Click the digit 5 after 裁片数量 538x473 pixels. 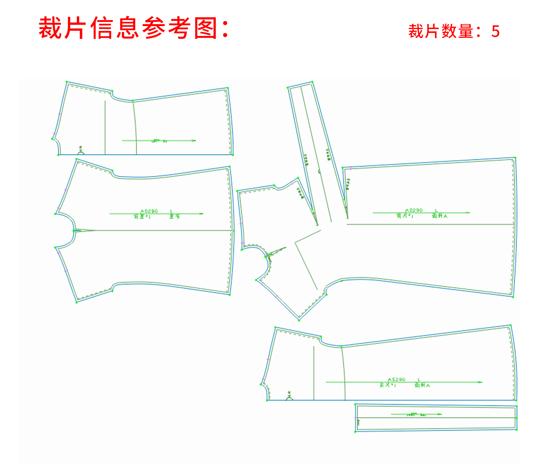pyautogui.click(x=495, y=32)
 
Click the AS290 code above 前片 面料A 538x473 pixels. pyautogui.click(x=414, y=210)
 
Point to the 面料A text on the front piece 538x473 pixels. pyautogui.click(x=439, y=216)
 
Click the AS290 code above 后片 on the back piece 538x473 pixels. pyautogui.click(x=396, y=380)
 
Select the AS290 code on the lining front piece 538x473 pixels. pyautogui.click(x=149, y=211)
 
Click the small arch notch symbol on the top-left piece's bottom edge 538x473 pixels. pyautogui.click(x=81, y=153)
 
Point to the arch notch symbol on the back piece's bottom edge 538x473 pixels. pyautogui.click(x=289, y=398)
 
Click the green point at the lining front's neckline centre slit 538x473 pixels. pyautogui.click(x=74, y=231)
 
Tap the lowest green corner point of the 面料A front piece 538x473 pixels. pyautogui.click(x=299, y=320)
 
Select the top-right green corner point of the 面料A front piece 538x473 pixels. pyautogui.click(x=515, y=158)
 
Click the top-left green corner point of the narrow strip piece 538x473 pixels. pyautogui.click(x=355, y=405)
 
